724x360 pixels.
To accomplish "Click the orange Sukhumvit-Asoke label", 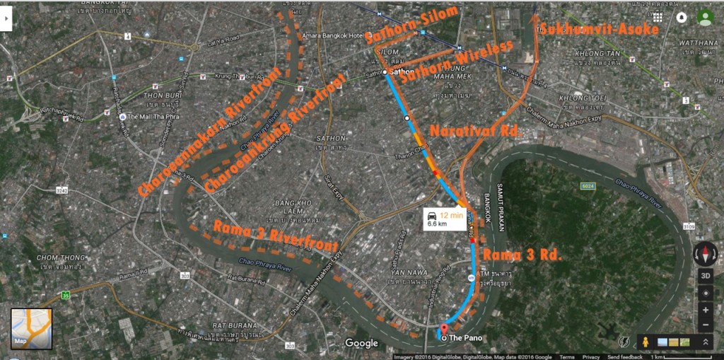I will tap(599, 28).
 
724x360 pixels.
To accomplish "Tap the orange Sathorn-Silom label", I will tap(412, 26).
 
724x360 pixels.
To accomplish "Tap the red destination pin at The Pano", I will tap(445, 329).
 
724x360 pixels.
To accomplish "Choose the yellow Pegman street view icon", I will tap(646, 342).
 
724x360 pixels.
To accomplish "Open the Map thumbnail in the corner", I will tap(31, 329).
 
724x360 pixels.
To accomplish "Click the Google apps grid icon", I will tap(658, 17).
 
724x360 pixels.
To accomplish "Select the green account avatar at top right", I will tap(704, 17).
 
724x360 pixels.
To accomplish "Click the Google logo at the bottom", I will tap(361, 343).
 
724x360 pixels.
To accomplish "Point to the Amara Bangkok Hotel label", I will tap(332, 36).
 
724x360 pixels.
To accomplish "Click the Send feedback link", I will tap(624, 357).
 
